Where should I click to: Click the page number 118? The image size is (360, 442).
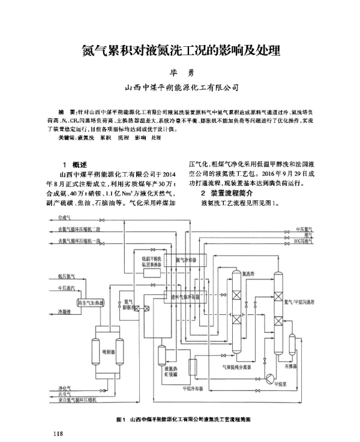click(x=58, y=433)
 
